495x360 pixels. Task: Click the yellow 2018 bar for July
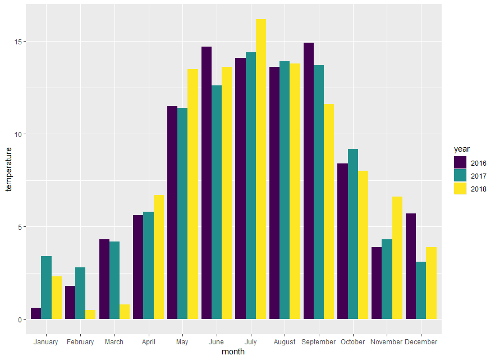(x=261, y=168)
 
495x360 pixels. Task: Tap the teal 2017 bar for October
(x=353, y=234)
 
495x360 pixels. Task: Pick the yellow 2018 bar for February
(x=90, y=315)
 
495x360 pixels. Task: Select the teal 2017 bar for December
(x=421, y=290)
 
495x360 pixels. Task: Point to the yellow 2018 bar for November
(x=397, y=258)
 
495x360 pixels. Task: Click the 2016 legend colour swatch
(x=460, y=163)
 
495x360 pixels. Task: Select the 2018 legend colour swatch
(x=460, y=189)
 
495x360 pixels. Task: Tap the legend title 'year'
(x=462, y=149)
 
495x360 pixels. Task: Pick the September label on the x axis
(x=319, y=341)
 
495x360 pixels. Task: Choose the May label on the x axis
(x=182, y=341)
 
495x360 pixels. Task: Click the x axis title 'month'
(x=233, y=352)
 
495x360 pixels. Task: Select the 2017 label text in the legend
(x=479, y=176)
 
